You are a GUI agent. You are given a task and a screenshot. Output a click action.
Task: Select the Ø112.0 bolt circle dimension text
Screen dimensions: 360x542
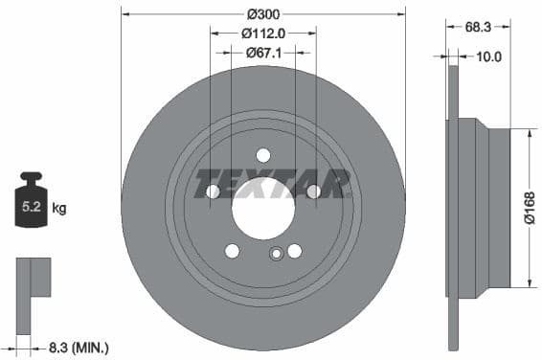pyautogui.click(x=262, y=33)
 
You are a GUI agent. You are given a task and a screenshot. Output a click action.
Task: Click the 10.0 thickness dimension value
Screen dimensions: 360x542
pyautogui.click(x=488, y=57)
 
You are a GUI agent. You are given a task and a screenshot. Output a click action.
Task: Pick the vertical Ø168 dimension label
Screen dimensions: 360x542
pyautogui.click(x=530, y=206)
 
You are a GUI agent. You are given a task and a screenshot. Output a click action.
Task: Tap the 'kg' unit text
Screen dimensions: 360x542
pyautogui.click(x=59, y=207)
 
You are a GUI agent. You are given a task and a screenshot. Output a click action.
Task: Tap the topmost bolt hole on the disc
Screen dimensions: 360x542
pyautogui.click(x=263, y=155)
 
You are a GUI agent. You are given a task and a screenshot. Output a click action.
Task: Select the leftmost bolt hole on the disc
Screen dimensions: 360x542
pyautogui.click(x=213, y=191)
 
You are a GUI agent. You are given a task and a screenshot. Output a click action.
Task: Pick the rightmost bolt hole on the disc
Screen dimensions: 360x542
pyautogui.click(x=313, y=191)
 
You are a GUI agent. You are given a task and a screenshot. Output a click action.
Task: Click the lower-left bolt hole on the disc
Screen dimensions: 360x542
pyautogui.click(x=232, y=251)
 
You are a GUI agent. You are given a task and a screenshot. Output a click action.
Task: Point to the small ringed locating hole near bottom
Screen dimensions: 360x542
pyautogui.click(x=277, y=254)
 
